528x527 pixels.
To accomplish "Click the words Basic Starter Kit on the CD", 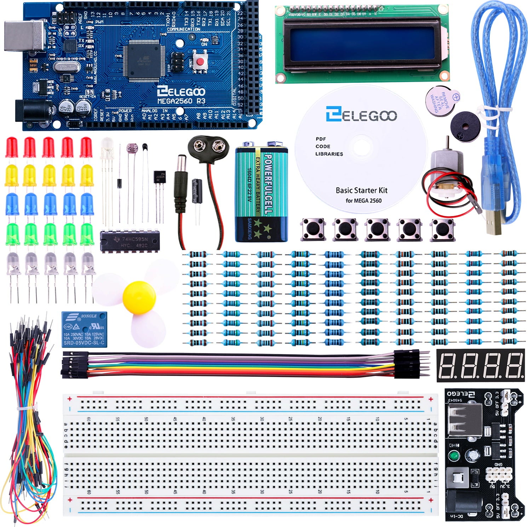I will (x=361, y=190).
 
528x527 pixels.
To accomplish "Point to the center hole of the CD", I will (x=360, y=147).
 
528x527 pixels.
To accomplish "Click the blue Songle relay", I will (x=84, y=329).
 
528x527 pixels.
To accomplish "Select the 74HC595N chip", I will (x=130, y=242).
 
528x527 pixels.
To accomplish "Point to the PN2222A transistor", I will (x=159, y=176).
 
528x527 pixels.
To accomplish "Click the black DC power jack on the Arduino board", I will (x=34, y=111).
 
